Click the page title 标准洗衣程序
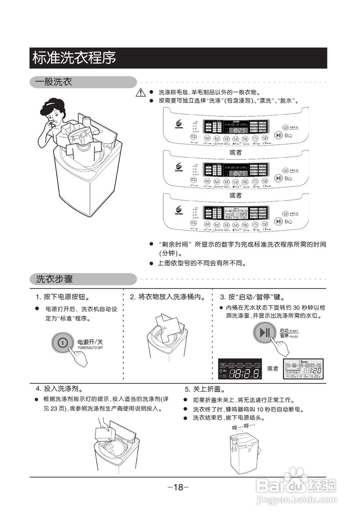(x=74, y=58)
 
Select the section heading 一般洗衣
(x=53, y=82)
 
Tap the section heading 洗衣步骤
(x=54, y=279)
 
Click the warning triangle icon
(x=141, y=92)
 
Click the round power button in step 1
(x=63, y=342)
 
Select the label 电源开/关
(x=90, y=342)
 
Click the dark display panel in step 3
(x=240, y=369)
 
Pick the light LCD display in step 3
(x=303, y=369)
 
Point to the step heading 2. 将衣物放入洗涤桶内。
(x=167, y=297)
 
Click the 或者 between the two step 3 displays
(x=273, y=369)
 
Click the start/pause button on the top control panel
(x=278, y=135)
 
